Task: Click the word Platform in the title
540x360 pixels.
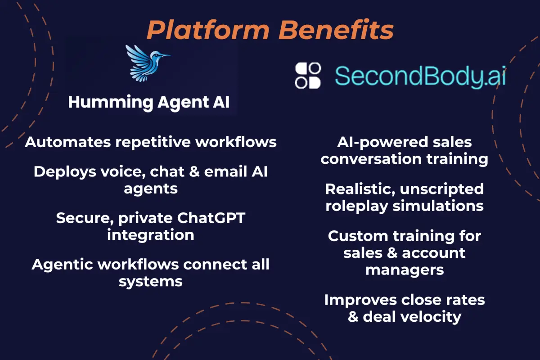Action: (x=207, y=30)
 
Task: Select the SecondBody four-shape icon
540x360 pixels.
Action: (x=308, y=75)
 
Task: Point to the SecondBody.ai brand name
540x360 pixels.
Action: (x=420, y=76)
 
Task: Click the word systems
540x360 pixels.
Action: (x=151, y=281)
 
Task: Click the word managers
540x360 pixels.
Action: (x=405, y=270)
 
